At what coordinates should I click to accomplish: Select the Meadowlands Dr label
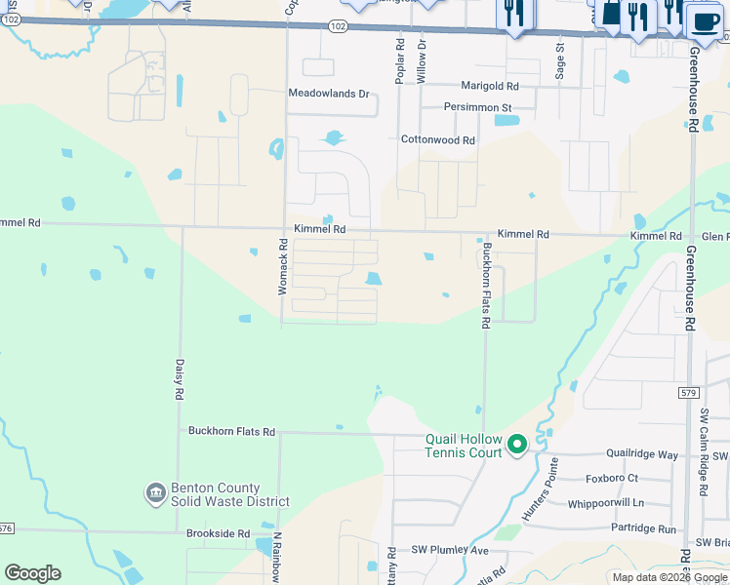click(x=329, y=94)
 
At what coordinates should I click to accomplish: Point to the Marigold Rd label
click(x=491, y=86)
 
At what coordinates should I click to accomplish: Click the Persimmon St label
click(x=477, y=106)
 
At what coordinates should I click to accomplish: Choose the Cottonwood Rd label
click(x=437, y=139)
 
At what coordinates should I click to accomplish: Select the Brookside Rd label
click(x=219, y=534)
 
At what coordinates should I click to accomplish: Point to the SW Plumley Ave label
click(x=449, y=550)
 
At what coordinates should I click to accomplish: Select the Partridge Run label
click(x=640, y=528)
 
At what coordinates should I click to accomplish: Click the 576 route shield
click(x=6, y=528)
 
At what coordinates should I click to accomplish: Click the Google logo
click(x=32, y=573)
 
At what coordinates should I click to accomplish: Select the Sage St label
click(x=560, y=58)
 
